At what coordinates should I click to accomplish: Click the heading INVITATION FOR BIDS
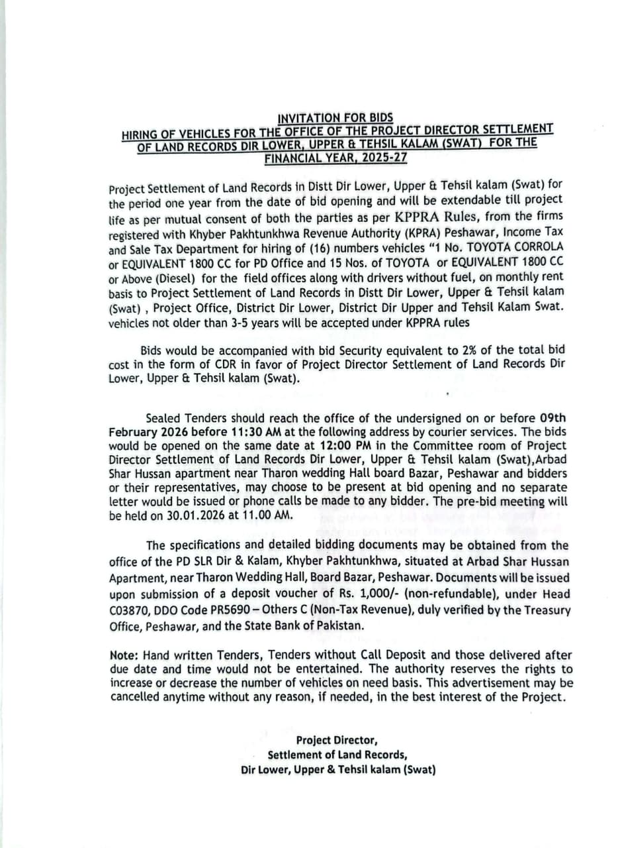335,118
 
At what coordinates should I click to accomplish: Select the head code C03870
131,610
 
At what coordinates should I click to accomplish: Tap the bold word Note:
124,655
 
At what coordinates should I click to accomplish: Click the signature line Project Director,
337,740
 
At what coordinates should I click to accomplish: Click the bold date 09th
553,418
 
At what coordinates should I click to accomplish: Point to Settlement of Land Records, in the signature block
337,755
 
